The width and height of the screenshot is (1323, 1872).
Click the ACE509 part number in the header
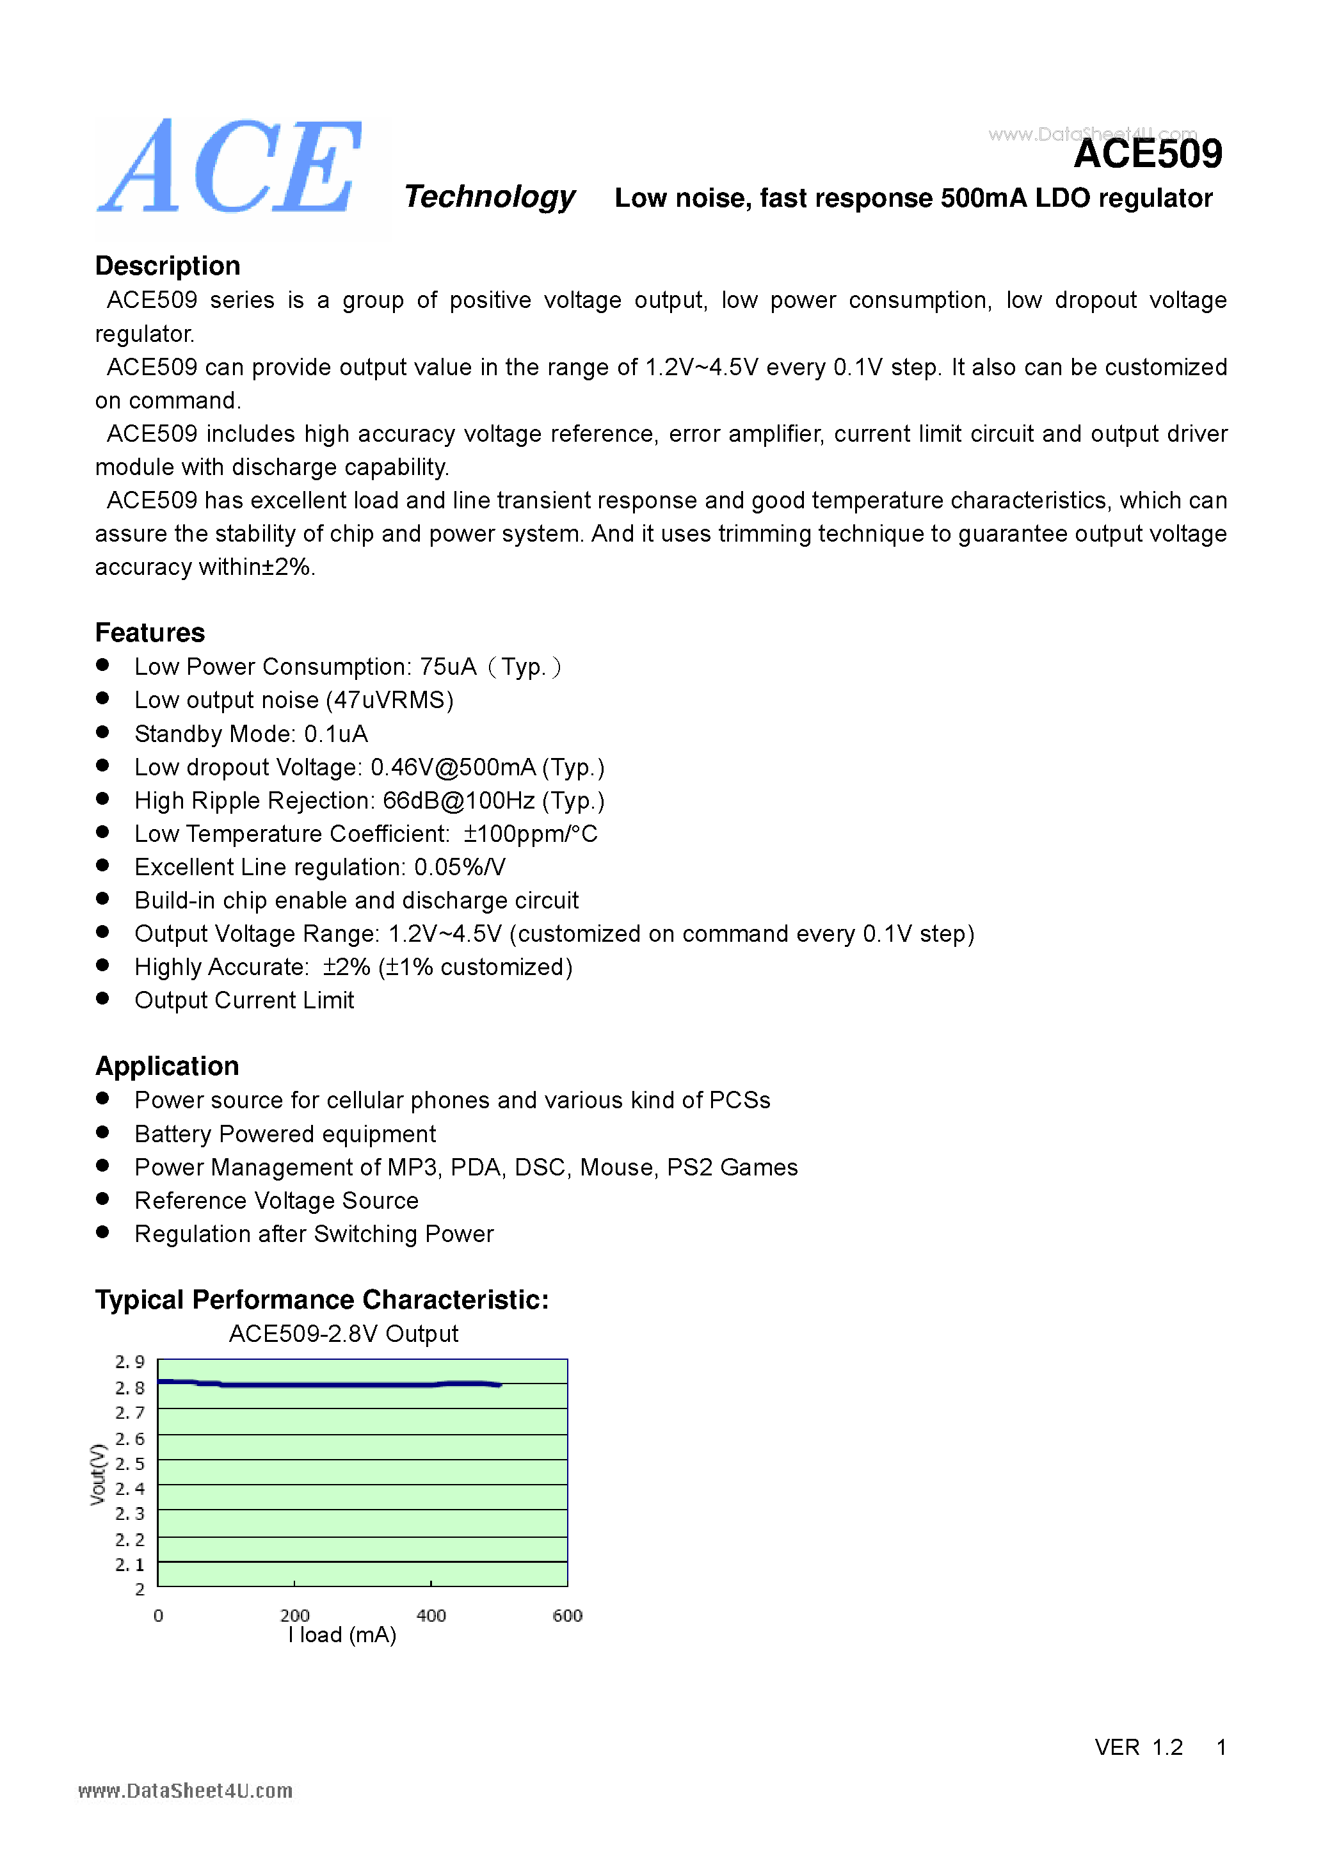[x=1147, y=154]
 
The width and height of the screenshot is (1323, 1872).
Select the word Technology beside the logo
[x=489, y=197]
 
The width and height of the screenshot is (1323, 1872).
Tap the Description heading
[x=167, y=266]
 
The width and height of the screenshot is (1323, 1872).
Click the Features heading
[x=149, y=633]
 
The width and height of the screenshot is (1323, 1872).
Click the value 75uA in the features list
[x=447, y=667]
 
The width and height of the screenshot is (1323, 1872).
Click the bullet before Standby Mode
[x=102, y=732]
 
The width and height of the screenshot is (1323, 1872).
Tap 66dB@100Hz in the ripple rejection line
[x=458, y=801]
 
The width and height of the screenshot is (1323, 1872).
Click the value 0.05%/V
[x=460, y=867]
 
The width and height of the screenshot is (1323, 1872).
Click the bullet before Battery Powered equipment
[x=102, y=1133]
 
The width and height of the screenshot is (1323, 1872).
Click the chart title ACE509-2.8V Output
[x=343, y=1334]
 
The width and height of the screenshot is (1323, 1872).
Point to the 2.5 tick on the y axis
[x=129, y=1464]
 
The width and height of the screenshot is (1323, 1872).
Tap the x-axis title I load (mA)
[x=342, y=1636]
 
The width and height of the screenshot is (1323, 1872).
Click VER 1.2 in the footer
[x=1138, y=1747]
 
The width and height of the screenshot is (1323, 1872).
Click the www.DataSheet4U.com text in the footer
[x=185, y=1791]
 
